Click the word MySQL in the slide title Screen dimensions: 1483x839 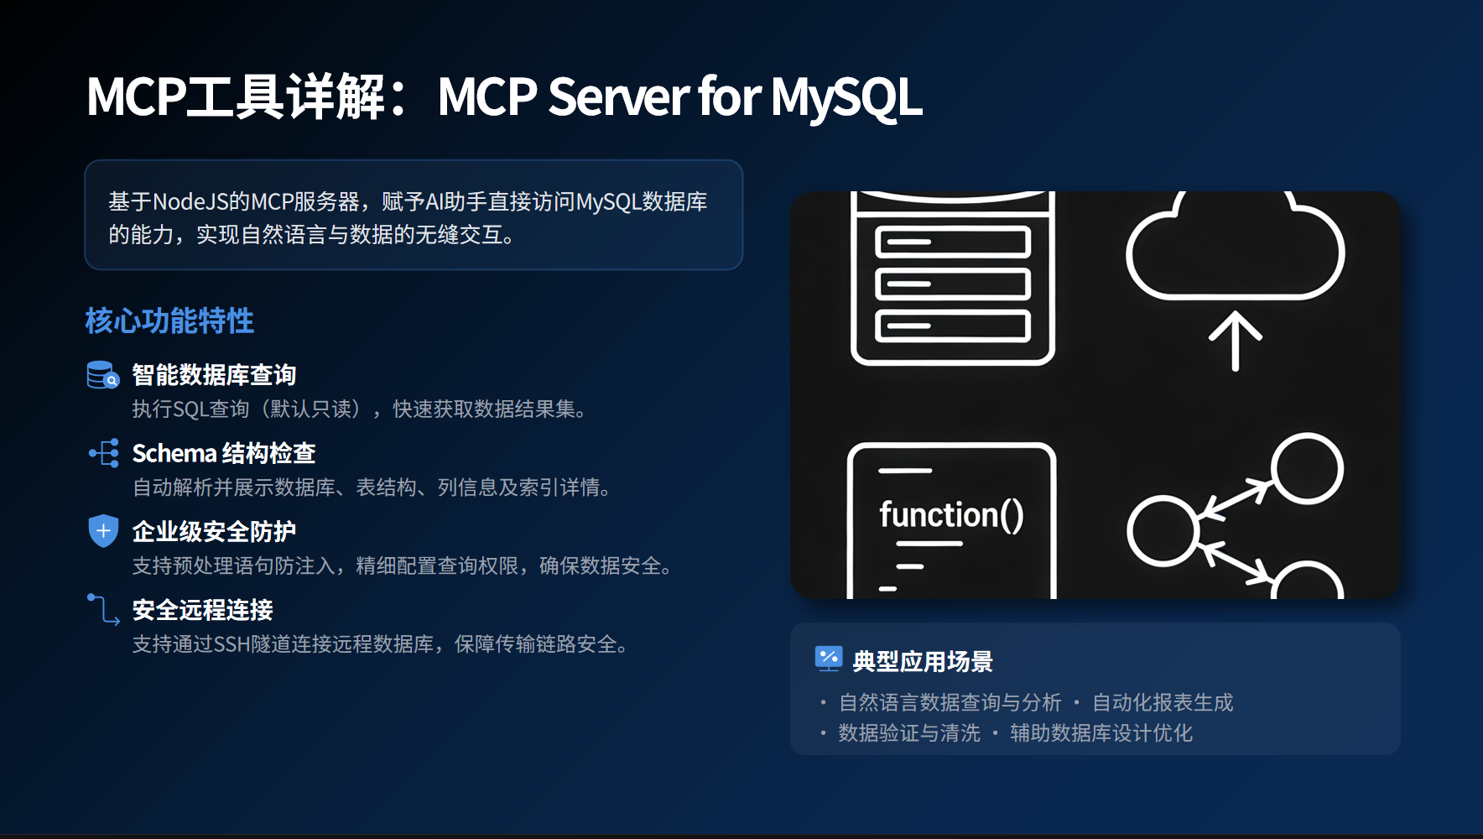846,98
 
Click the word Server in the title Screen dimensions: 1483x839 618,97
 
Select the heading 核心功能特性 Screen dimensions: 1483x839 169,320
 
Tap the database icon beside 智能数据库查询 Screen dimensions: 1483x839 103,375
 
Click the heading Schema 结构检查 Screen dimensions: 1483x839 224,453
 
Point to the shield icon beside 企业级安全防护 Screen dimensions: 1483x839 103,530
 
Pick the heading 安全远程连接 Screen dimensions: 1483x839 203,610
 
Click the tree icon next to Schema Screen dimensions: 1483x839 104,453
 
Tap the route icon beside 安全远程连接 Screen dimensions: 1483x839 103,609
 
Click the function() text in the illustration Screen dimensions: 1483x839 951,514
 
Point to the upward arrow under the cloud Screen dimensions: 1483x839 1235,341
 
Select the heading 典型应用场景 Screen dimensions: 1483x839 923,661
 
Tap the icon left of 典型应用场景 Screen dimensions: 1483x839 829,659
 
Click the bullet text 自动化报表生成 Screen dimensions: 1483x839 1163,702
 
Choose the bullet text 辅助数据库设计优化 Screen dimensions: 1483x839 1101,733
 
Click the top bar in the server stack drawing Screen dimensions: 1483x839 953,242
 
